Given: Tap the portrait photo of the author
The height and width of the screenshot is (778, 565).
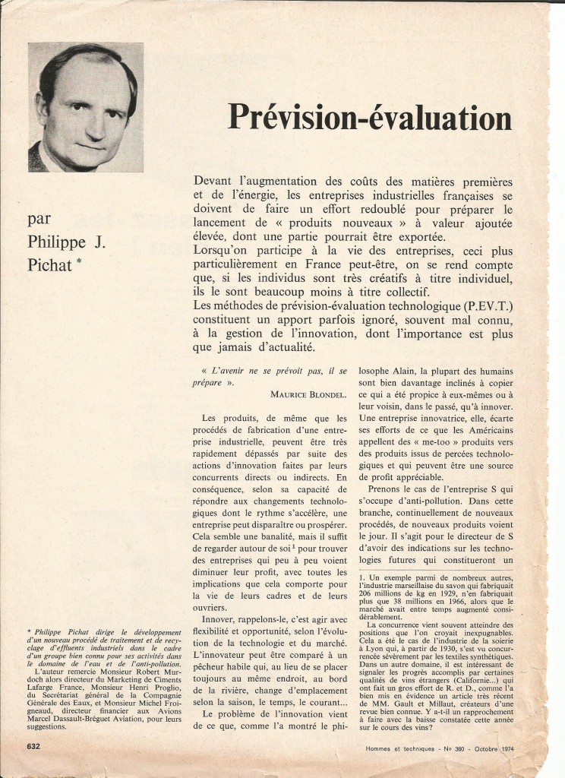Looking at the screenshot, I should click(86, 107).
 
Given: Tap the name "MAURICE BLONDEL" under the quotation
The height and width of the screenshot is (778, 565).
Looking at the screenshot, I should click(308, 394).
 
